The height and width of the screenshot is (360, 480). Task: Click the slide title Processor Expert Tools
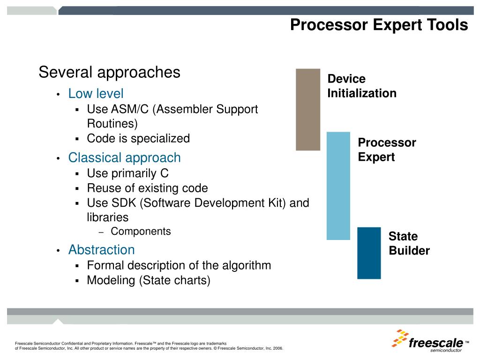(x=379, y=25)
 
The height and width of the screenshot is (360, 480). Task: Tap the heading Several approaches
(x=109, y=73)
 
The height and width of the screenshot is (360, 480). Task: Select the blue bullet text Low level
(x=96, y=93)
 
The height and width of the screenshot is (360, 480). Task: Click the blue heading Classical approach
(x=124, y=158)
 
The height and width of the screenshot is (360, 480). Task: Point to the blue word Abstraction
(x=101, y=249)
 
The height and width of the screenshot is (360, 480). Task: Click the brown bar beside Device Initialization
(x=308, y=110)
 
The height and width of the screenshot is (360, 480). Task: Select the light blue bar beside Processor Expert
(x=338, y=186)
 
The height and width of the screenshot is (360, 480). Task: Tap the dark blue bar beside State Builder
(x=369, y=253)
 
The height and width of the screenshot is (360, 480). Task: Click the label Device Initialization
(x=362, y=86)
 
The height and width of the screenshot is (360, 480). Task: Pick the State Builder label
(x=409, y=243)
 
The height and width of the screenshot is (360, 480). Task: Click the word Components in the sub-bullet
(x=141, y=231)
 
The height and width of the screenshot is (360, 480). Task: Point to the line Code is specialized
(x=138, y=138)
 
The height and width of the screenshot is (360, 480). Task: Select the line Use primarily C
(x=127, y=173)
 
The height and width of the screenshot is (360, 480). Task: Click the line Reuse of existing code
(x=147, y=188)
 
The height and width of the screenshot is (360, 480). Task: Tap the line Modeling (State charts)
(x=149, y=280)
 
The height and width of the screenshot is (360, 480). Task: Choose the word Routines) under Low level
(x=112, y=124)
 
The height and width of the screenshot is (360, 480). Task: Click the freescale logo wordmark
(x=436, y=343)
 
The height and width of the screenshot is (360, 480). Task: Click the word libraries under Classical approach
(x=108, y=217)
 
